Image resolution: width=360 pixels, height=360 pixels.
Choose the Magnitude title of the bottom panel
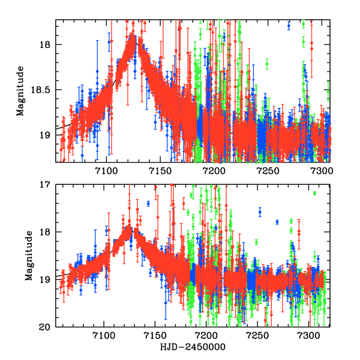pyautogui.click(x=28, y=255)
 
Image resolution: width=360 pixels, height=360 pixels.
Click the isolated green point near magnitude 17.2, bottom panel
pyautogui.click(x=314, y=193)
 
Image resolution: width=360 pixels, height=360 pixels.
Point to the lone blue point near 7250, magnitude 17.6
pyautogui.click(x=260, y=212)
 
